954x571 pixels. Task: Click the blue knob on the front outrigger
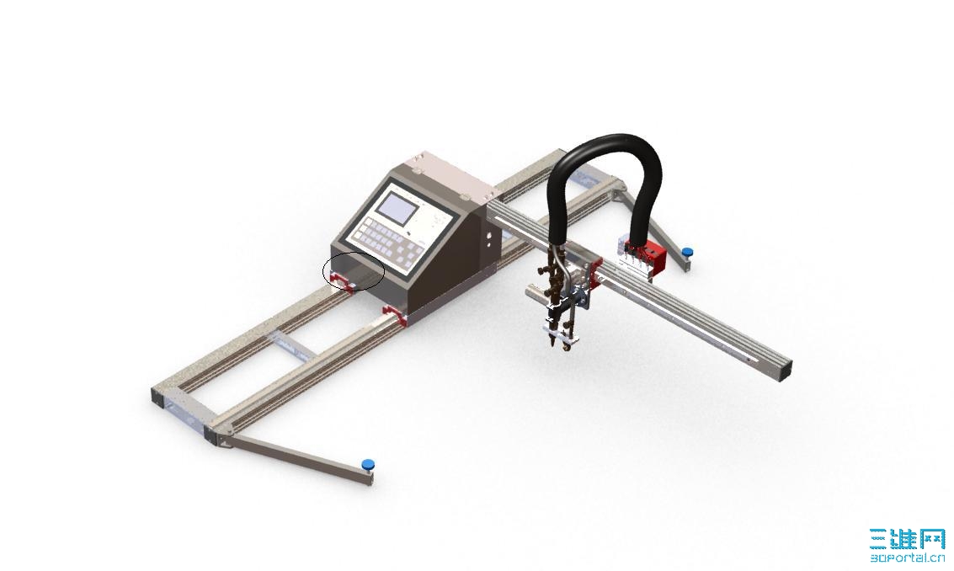[367, 465]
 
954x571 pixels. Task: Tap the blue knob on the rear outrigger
[687, 252]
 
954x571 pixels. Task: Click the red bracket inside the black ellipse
[341, 280]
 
